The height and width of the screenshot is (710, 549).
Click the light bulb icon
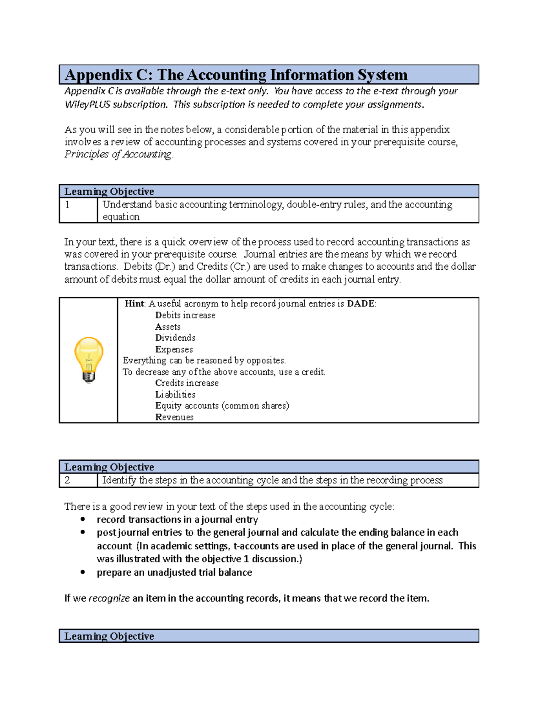[89, 359]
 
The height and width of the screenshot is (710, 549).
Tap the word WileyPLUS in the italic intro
[87, 105]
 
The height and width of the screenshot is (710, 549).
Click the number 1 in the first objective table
[67, 205]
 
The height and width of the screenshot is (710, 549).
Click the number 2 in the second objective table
[67, 480]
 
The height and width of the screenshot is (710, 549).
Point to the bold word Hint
[135, 304]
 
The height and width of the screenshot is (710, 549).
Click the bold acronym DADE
[361, 304]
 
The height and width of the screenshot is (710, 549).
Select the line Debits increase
[185, 315]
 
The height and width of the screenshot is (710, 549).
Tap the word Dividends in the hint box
[175, 338]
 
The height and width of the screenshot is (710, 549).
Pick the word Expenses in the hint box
[174, 350]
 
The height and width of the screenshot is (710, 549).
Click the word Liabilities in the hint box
[175, 395]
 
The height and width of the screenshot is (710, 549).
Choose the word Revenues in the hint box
[174, 417]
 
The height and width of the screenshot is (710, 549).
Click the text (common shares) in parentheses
[255, 406]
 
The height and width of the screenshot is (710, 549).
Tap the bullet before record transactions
[83, 519]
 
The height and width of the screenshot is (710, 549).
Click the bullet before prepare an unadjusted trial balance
[83, 572]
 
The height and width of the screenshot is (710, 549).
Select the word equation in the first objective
[121, 217]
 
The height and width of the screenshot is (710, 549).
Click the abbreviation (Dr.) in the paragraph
[165, 267]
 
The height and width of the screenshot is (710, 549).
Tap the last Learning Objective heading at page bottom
[109, 636]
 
